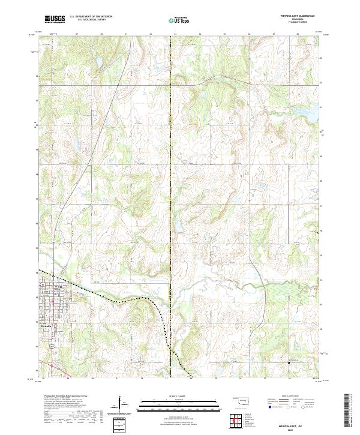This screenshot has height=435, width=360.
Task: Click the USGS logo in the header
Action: click(x=55, y=19)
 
